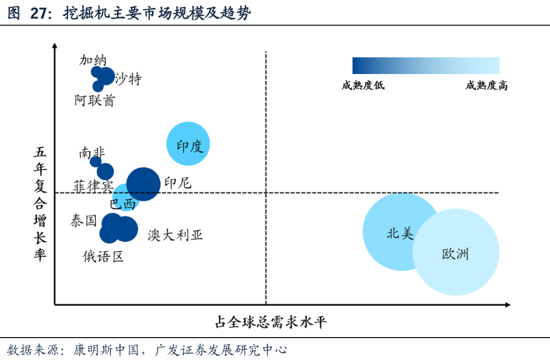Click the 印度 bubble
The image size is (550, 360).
click(188, 144)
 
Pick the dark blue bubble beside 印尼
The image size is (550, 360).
click(143, 184)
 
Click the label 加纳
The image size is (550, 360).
click(93, 60)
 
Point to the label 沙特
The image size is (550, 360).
click(128, 79)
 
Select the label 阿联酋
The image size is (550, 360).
click(94, 100)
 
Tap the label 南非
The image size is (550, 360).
click(92, 152)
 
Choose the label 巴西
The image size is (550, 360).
click(123, 204)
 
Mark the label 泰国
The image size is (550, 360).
click(83, 220)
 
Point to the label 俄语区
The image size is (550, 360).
click(103, 256)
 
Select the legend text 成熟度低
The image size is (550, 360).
click(363, 86)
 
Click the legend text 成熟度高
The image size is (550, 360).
click(486, 86)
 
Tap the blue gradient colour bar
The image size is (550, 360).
click(426, 66)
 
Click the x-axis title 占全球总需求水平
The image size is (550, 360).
click(270, 322)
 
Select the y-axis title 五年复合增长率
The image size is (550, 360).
click(41, 204)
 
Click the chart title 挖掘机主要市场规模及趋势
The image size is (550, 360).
click(157, 14)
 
